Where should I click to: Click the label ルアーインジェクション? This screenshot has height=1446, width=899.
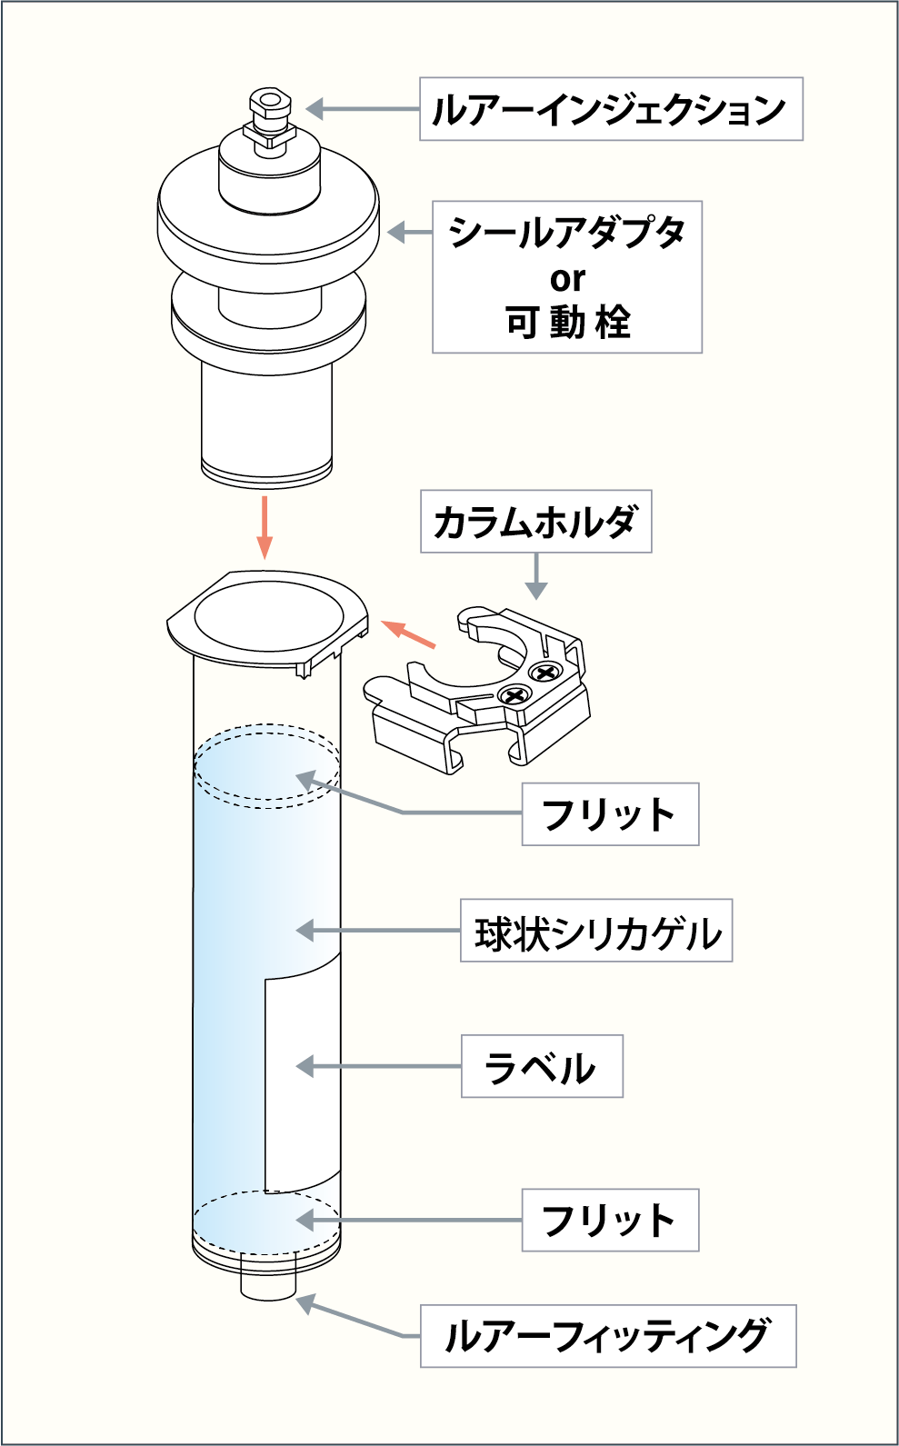click(610, 109)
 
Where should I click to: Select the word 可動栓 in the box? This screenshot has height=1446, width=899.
click(567, 323)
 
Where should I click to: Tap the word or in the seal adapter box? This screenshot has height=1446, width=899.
click(567, 278)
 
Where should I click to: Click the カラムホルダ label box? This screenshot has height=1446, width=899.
click(535, 522)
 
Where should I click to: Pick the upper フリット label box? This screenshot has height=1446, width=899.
click(610, 814)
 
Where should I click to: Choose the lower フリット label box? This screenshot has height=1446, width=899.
click(610, 1220)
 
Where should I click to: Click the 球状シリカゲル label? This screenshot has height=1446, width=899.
click(596, 932)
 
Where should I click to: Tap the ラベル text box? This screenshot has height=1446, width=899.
click(542, 1066)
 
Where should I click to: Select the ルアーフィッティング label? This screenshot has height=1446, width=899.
click(607, 1336)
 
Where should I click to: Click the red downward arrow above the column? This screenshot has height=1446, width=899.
click(265, 527)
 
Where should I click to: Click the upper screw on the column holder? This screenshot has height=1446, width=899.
click(545, 673)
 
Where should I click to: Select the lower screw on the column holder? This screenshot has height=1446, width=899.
click(514, 696)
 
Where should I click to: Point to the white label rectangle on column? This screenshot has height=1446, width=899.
click(300, 1082)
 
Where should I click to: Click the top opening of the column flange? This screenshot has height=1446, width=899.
click(269, 615)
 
